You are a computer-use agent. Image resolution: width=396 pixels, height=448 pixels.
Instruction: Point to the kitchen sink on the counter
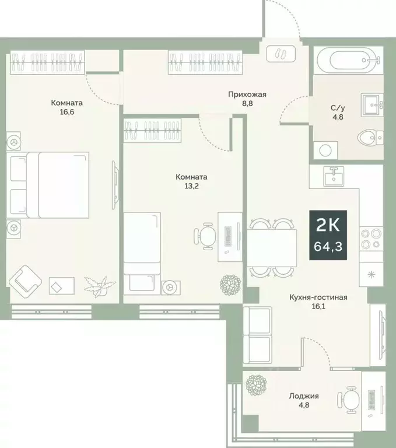(334, 174)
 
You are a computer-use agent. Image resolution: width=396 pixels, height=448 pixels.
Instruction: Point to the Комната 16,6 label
(65, 107)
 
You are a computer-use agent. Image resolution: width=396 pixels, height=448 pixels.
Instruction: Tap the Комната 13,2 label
(192, 181)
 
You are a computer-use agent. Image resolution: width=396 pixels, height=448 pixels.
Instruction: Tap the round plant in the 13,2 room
(230, 284)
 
